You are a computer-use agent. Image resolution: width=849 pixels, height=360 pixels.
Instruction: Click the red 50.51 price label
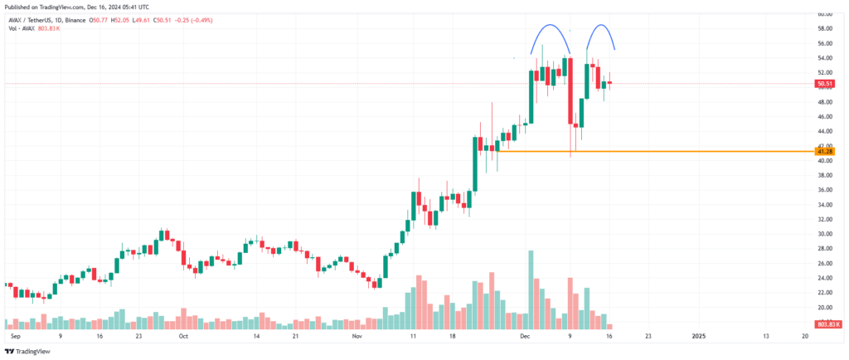click(824, 84)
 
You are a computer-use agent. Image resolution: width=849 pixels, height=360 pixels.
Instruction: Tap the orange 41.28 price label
click(824, 152)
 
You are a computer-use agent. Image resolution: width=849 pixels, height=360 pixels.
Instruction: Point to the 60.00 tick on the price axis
click(824, 14)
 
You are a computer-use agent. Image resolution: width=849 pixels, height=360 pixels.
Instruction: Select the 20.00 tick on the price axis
click(824, 307)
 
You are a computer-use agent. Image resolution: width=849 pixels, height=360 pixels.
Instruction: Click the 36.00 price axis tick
click(824, 190)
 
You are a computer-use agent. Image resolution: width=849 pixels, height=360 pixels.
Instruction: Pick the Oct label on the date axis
click(183, 338)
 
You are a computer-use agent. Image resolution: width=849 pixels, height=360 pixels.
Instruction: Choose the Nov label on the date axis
click(357, 338)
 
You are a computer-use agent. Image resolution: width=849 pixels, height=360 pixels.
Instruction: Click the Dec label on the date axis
click(523, 338)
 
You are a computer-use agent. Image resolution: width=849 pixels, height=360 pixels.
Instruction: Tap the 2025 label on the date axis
click(698, 338)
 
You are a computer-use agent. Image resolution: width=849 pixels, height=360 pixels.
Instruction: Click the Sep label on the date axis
click(14, 338)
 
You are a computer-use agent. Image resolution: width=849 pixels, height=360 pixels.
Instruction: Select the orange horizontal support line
click(647, 151)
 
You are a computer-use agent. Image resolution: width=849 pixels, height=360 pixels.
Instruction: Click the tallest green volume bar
click(531, 282)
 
